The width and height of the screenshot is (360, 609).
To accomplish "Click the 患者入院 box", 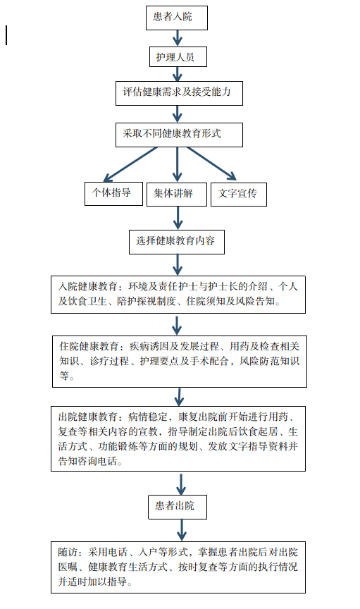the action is pos(177,18).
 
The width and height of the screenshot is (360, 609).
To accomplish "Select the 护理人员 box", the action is pos(178,57).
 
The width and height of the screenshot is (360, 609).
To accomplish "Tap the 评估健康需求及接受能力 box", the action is pos(179,93).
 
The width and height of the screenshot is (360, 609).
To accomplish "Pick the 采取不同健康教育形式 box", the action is pos(179,135).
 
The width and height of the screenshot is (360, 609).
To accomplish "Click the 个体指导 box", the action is pos(114,194).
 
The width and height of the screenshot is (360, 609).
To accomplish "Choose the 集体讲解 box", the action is pos(177,195).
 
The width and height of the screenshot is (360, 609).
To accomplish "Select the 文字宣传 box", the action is pos(239,195).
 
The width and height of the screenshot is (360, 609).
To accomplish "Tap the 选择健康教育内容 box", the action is pos(177,242).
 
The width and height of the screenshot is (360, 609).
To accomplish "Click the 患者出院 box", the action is pos(178,507).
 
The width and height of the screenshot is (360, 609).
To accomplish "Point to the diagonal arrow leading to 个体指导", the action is pos(130,164).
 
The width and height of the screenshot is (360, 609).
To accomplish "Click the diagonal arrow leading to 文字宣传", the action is pos(211,164).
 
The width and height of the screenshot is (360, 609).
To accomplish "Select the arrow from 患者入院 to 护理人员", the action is pos(178,38).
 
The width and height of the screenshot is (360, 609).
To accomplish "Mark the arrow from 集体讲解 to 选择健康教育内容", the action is pos(178,218).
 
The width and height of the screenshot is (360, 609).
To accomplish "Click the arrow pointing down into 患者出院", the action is pos(181,484).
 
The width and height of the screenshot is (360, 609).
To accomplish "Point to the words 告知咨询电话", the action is pos(88,462).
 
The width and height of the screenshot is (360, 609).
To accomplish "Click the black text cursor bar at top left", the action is pos(6,35).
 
